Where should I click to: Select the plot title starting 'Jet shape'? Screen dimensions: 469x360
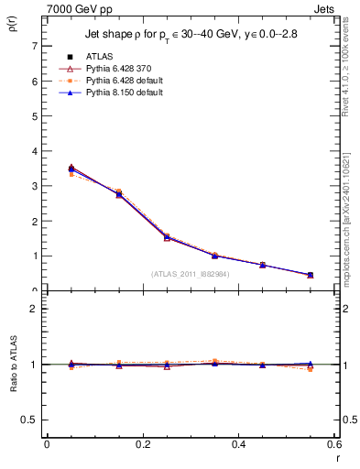pos(191,35)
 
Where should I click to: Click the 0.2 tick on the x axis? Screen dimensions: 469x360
pos(143,445)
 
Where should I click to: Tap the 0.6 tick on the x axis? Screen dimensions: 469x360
pos(335,445)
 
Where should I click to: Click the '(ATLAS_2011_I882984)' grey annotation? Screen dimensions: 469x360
pos(191,273)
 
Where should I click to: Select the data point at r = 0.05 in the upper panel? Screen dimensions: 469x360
pos(71,169)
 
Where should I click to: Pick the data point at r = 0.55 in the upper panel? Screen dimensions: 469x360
pos(311,275)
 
